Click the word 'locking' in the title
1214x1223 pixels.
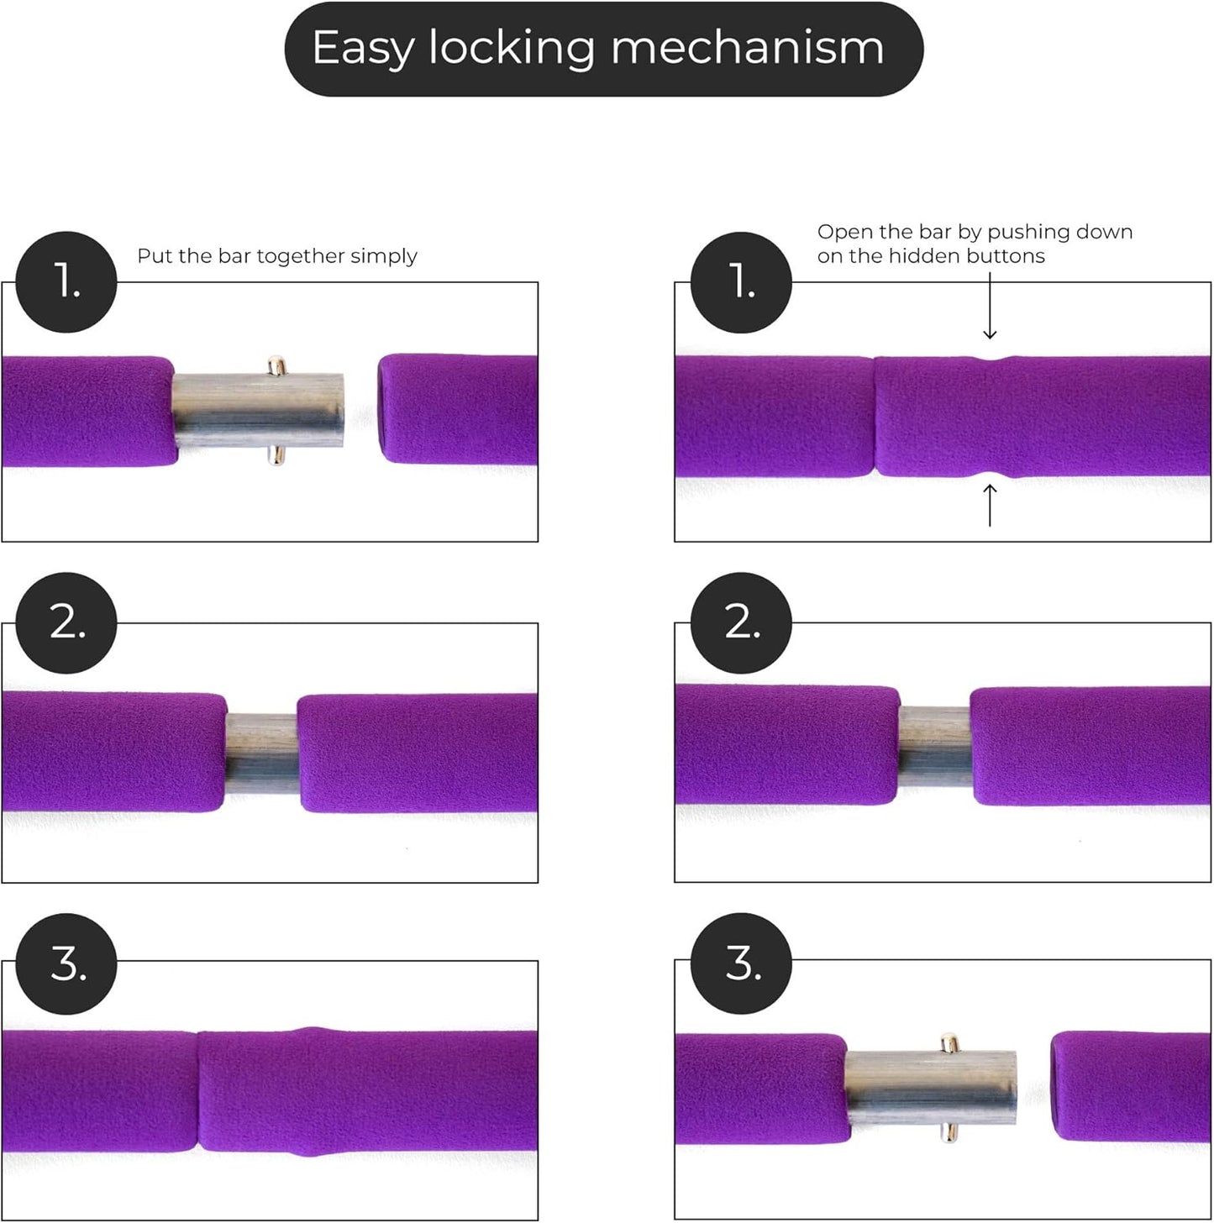(512, 48)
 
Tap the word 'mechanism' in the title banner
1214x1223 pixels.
(747, 48)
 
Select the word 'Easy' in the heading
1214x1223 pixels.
(362, 50)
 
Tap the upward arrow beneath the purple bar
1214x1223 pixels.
(990, 503)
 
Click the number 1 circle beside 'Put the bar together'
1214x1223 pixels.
(66, 281)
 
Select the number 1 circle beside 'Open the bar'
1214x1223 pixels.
(741, 281)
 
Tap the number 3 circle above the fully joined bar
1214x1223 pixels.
(66, 964)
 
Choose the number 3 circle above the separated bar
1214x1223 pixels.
(741, 964)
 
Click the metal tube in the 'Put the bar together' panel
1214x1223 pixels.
(256, 410)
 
